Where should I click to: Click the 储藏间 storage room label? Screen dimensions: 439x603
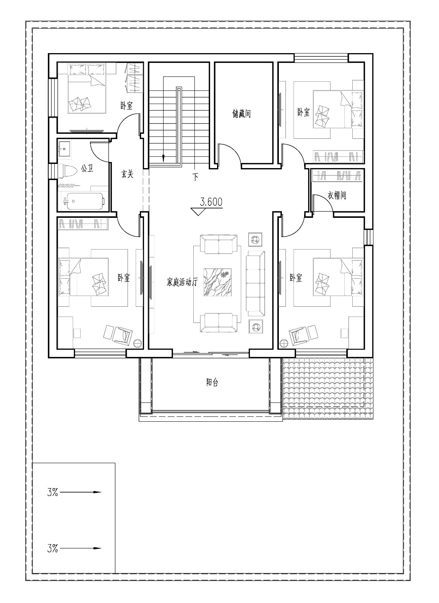pyautogui.click(x=242, y=113)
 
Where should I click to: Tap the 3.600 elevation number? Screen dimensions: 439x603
pyautogui.click(x=211, y=202)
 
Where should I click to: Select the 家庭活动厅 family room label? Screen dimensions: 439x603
pyautogui.click(x=182, y=282)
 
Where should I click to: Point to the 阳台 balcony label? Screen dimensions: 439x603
pyautogui.click(x=212, y=382)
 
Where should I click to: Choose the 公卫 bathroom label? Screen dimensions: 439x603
pyautogui.click(x=87, y=169)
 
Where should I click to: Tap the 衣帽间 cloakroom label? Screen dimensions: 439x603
pyautogui.click(x=337, y=195)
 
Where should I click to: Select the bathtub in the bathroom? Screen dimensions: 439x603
pyautogui.click(x=84, y=201)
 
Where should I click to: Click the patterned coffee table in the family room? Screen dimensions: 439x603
pyautogui.click(x=217, y=282)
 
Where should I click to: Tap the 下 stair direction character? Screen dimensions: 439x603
pyautogui.click(x=196, y=177)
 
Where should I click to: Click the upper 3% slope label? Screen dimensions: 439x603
pyautogui.click(x=52, y=492)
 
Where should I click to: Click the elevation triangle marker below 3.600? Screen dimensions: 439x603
pyautogui.click(x=198, y=211)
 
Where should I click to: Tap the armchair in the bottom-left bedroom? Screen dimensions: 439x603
pyautogui.click(x=123, y=335)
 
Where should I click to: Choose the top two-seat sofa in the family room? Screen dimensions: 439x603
pyautogui.click(x=219, y=244)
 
